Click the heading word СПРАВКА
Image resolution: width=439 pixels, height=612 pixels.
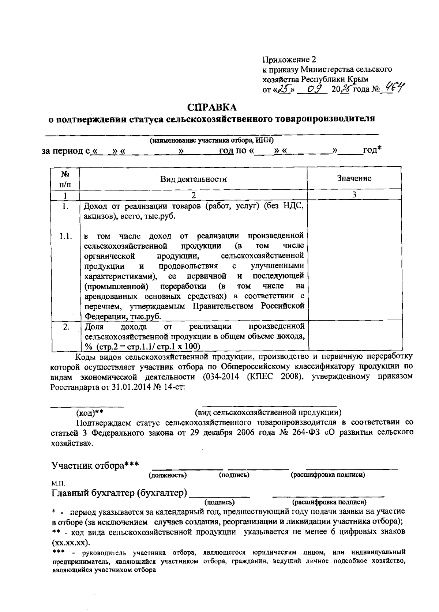[212, 107]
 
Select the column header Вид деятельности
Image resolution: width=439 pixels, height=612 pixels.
[193, 179]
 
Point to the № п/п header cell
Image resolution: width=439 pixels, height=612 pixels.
[65, 178]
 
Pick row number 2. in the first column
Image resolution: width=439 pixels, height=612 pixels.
[66, 326]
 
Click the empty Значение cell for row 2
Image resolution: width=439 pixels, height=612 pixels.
[354, 336]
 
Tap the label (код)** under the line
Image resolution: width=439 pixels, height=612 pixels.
[89, 413]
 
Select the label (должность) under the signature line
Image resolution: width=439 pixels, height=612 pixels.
[168, 475]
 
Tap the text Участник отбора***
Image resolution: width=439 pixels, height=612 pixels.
[95, 465]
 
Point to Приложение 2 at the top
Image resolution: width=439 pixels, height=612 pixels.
[289, 60]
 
